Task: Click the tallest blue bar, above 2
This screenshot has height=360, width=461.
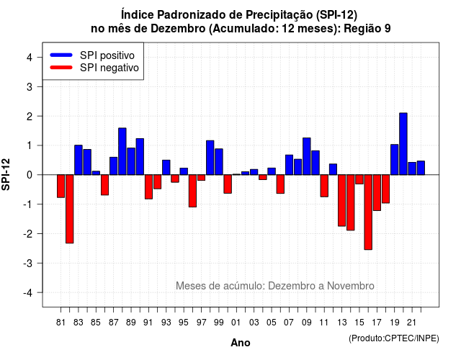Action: tap(403, 144)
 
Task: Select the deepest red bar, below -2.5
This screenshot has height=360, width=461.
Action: tap(368, 212)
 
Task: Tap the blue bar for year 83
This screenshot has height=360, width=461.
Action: tap(79, 160)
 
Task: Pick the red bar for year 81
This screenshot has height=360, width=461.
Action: tap(61, 186)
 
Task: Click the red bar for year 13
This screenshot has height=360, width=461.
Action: tap(341, 200)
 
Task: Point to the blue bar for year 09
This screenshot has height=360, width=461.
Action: tap(307, 156)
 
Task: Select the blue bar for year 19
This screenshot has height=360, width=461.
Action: tap(395, 160)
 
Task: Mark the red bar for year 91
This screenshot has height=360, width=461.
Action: tap(149, 187)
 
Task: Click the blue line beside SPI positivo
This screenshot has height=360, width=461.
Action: tap(61, 55)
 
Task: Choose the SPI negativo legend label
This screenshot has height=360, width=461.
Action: tap(109, 68)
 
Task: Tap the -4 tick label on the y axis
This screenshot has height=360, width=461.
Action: tap(28, 293)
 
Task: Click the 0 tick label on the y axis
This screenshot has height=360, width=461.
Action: tap(29, 175)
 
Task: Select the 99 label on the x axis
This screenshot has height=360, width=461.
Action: tap(219, 323)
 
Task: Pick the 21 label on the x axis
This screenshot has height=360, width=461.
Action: tap(412, 323)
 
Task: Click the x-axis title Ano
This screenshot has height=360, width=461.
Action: tap(241, 343)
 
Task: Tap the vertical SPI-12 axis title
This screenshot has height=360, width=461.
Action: tap(6, 174)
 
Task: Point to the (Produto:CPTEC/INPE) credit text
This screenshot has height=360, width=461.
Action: tap(394, 338)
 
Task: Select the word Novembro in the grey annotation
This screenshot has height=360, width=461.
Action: tap(351, 286)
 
